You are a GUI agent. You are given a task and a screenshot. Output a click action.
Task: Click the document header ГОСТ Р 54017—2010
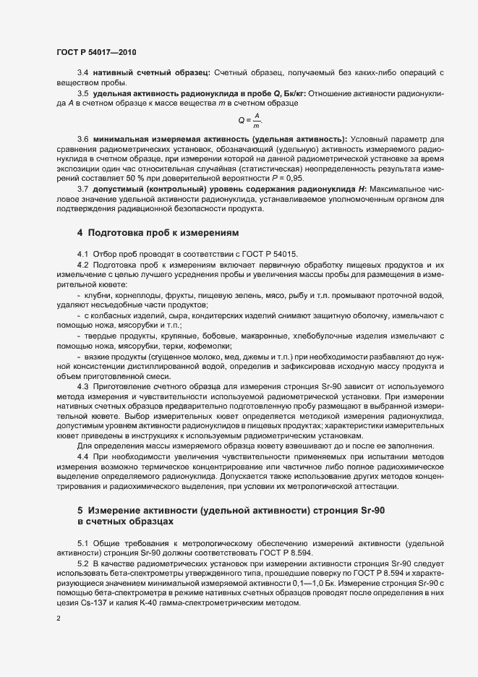click(95, 52)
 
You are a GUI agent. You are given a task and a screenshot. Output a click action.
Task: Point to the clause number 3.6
click(82, 138)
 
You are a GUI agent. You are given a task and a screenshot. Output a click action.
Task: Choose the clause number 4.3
click(82, 387)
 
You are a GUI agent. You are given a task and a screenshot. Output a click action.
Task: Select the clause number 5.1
click(82, 542)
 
